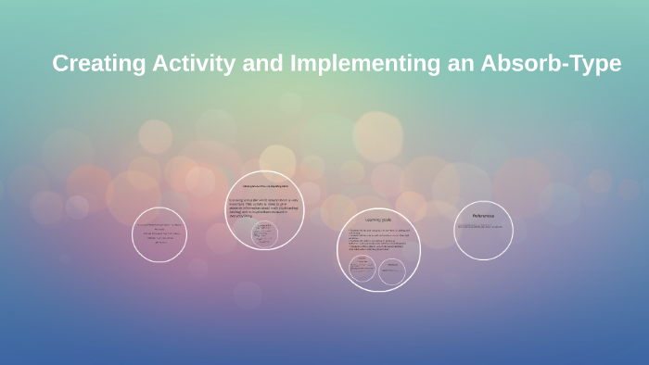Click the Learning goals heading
tap(378, 220)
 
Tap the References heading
tap(483, 216)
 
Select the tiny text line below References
tap(480, 226)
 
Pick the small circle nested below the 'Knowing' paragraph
tap(264, 233)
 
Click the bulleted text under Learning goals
tap(377, 240)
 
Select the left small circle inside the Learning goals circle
tap(363, 270)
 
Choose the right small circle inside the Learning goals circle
tap(391, 271)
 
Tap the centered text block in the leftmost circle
tap(159, 233)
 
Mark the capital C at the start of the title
tap(61, 64)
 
